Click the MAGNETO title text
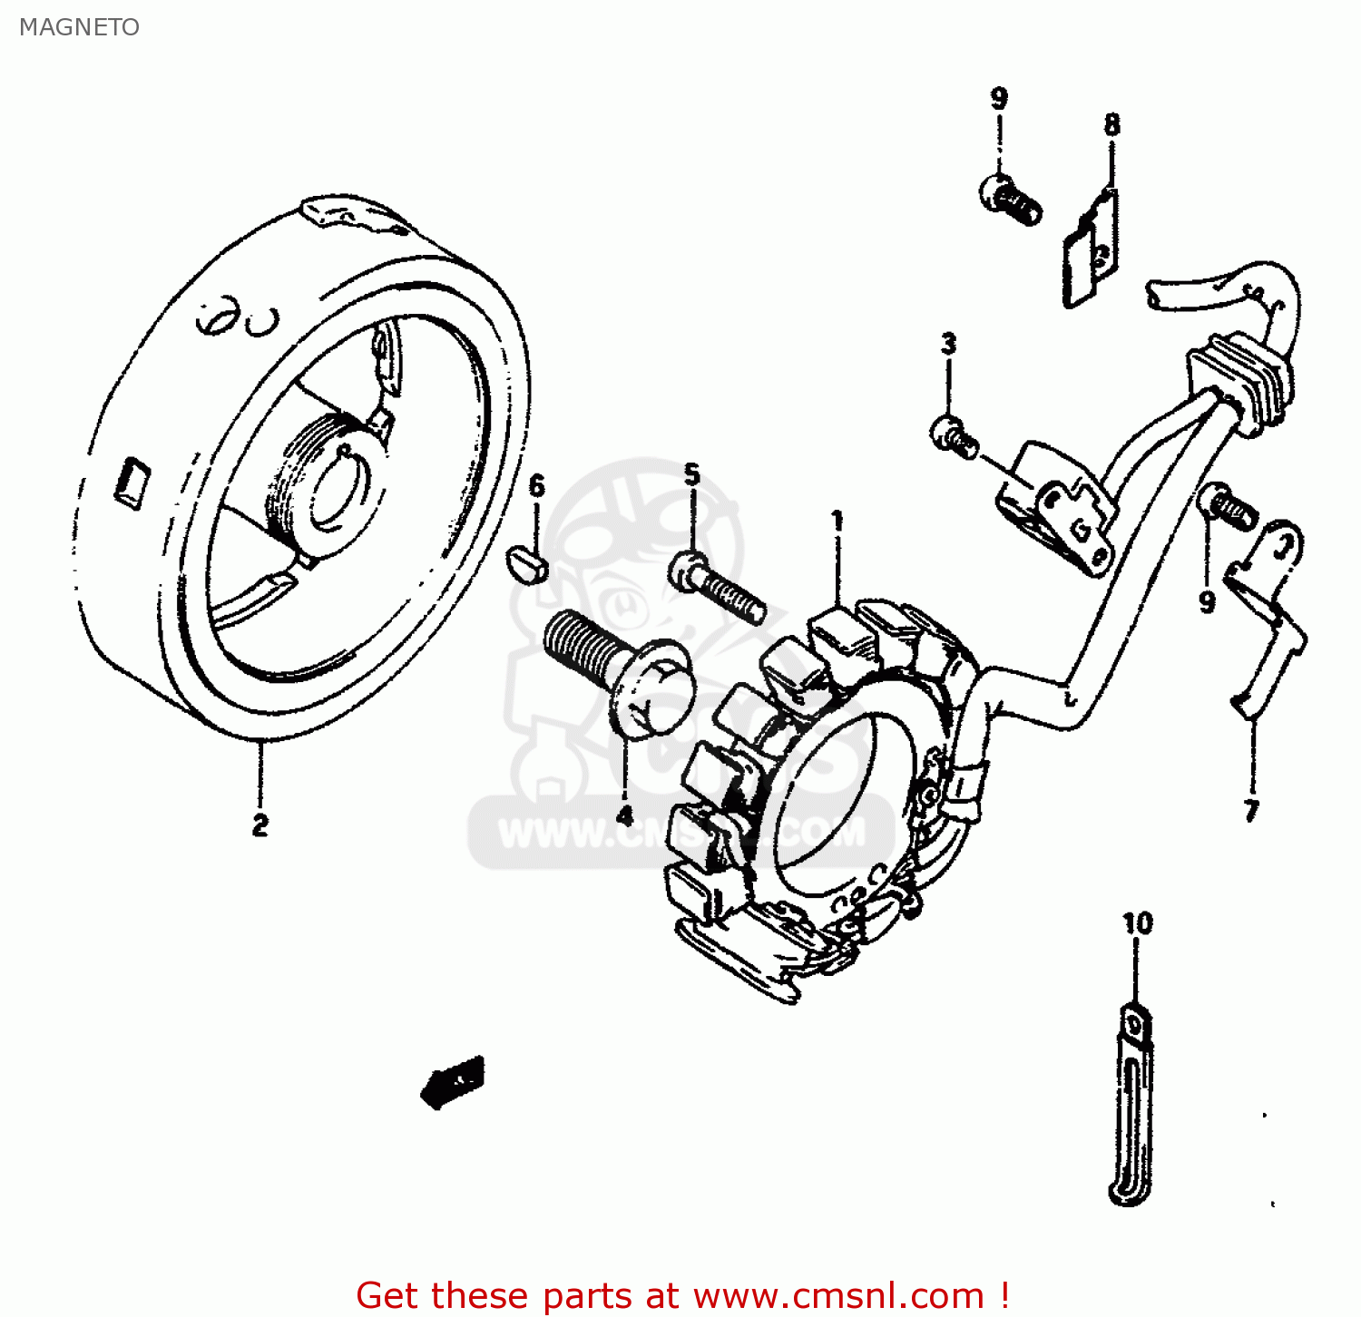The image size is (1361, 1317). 79,27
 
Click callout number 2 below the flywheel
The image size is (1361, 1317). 260,824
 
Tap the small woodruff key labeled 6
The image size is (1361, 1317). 527,563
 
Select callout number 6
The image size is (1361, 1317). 537,486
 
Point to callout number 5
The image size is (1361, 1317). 692,474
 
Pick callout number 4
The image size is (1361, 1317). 625,815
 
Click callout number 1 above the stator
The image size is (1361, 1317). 837,522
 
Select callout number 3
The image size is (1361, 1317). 948,344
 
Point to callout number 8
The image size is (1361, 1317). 1111,124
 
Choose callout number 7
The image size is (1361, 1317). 1252,809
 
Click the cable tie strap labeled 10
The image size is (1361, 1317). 1132,1107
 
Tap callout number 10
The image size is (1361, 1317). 1137,923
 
